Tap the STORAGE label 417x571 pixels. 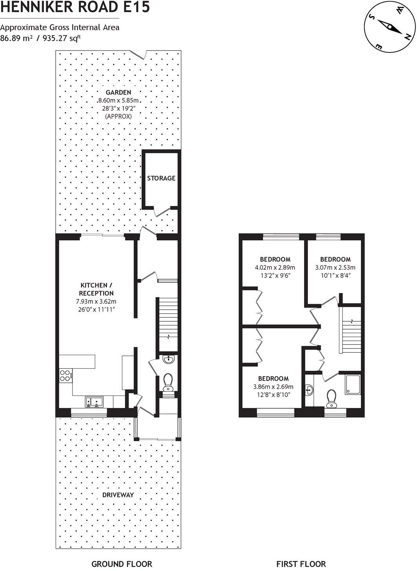(161, 178)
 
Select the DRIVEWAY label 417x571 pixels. (118, 495)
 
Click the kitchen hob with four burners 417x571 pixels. (65, 376)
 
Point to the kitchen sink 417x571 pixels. (94, 401)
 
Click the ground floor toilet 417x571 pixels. (168, 382)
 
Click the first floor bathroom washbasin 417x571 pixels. (309, 390)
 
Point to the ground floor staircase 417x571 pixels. (167, 324)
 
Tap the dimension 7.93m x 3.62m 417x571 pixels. (96, 302)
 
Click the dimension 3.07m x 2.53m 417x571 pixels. (335, 268)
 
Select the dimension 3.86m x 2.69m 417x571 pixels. (273, 387)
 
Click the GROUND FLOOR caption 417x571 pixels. (121, 564)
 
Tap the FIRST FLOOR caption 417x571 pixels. (301, 564)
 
